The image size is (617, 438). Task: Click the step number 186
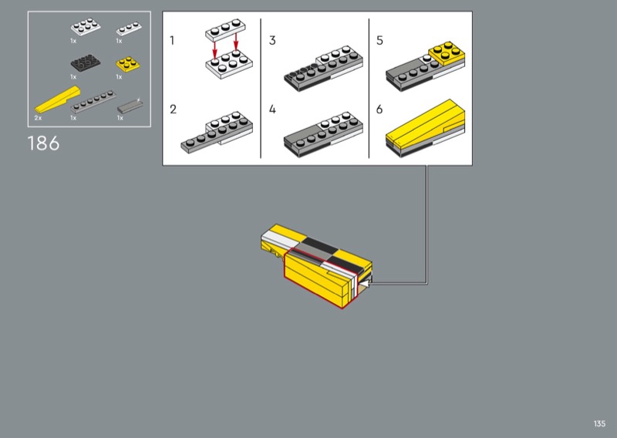pyautogui.click(x=43, y=143)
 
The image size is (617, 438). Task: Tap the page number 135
pyautogui.click(x=599, y=423)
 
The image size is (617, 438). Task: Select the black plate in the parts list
pyautogui.click(x=86, y=63)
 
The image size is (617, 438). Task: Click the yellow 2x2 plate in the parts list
pyautogui.click(x=128, y=64)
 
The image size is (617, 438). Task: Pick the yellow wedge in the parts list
pyautogui.click(x=57, y=99)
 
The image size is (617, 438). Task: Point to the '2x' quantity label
pyautogui.click(x=38, y=118)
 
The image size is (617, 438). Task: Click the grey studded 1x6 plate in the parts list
pyautogui.click(x=93, y=102)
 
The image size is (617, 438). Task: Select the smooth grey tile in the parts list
pyautogui.click(x=130, y=106)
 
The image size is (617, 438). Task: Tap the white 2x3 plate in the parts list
pyautogui.click(x=86, y=27)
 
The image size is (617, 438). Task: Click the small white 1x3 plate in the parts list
pyautogui.click(x=129, y=29)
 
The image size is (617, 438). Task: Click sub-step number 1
pyautogui.click(x=172, y=40)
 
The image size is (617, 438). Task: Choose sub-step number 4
pyautogui.click(x=272, y=109)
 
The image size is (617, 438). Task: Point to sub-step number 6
pyautogui.click(x=379, y=109)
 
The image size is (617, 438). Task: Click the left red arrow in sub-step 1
pyautogui.click(x=215, y=49)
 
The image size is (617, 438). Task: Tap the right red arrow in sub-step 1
pyautogui.click(x=236, y=42)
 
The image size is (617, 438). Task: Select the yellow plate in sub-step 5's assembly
pyautogui.click(x=447, y=52)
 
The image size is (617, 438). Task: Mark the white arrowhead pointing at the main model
pyautogui.click(x=366, y=283)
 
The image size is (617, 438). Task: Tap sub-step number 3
pyautogui.click(x=272, y=40)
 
